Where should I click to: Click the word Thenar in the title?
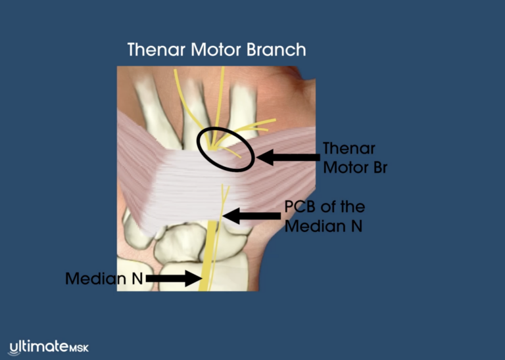(156, 49)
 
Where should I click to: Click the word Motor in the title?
(216, 49)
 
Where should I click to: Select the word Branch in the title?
(276, 49)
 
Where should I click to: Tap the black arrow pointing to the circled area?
(288, 157)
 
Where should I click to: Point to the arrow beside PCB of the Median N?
(252, 216)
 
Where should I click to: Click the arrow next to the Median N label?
(174, 279)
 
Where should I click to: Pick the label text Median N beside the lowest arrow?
(104, 279)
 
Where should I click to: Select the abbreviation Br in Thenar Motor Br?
(380, 168)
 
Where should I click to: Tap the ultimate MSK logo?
(49, 348)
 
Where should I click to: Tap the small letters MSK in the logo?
(79, 348)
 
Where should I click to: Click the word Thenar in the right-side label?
(349, 148)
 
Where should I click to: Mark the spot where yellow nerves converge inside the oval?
(213, 148)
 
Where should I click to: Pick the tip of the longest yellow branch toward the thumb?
(275, 120)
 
